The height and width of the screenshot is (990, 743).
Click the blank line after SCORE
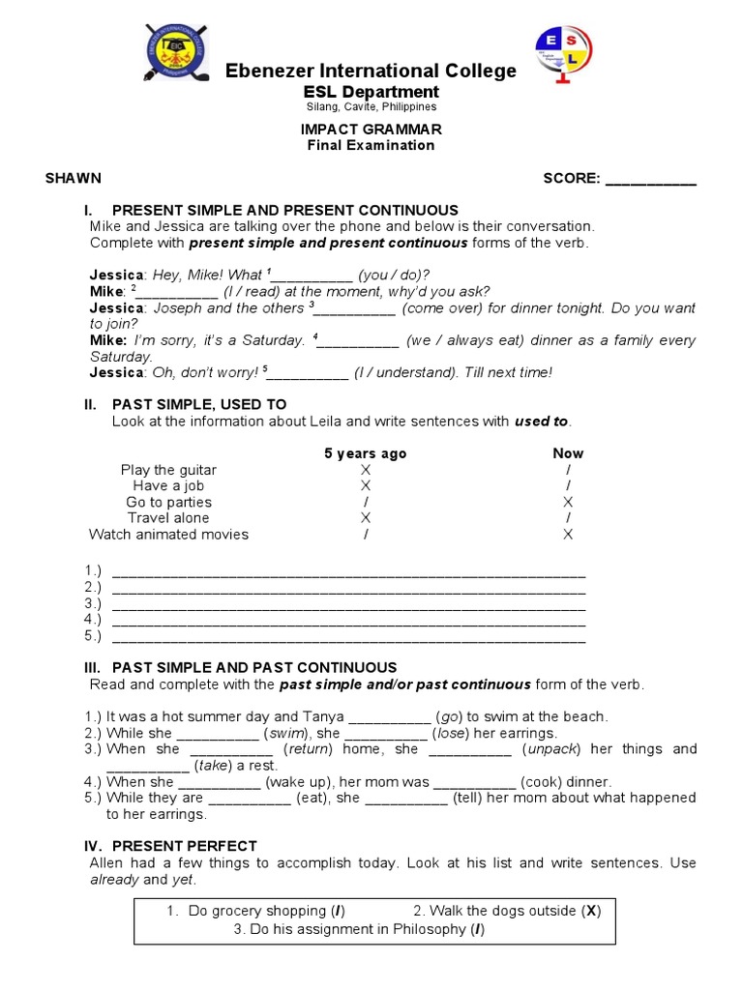pyautogui.click(x=650, y=180)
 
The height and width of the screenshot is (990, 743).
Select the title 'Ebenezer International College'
pyautogui.click(x=371, y=71)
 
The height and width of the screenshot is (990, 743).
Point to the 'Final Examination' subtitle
pyautogui.click(x=371, y=145)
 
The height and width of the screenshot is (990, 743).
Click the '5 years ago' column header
pyautogui.click(x=365, y=453)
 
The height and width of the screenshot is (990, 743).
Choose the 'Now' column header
pyautogui.click(x=568, y=453)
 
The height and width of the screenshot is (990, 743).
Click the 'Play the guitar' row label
pyautogui.click(x=168, y=470)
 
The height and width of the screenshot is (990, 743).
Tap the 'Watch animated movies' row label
pyautogui.click(x=168, y=534)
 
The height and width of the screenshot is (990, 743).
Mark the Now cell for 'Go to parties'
pyautogui.click(x=568, y=502)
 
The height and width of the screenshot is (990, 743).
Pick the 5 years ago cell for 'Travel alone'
pyautogui.click(x=365, y=518)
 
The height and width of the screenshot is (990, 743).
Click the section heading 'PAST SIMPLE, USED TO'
pyautogui.click(x=199, y=404)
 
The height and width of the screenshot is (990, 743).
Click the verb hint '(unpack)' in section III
pyautogui.click(x=552, y=749)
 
